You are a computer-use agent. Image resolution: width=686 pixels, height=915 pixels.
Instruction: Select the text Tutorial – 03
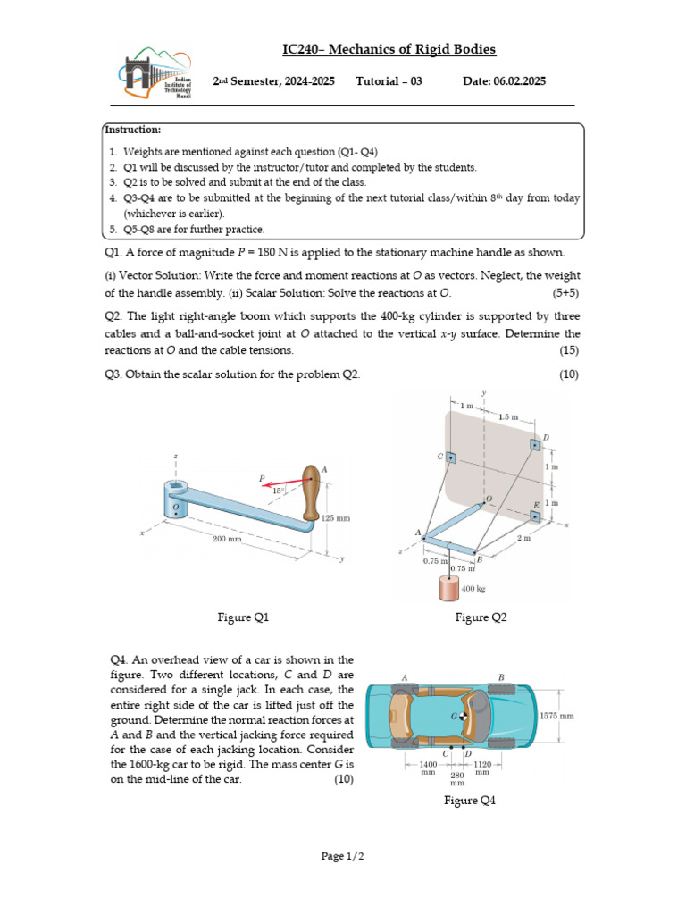(x=389, y=81)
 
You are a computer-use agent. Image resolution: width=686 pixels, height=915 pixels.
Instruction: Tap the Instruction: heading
(x=133, y=130)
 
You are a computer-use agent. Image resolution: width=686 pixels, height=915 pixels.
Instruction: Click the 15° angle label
(x=279, y=490)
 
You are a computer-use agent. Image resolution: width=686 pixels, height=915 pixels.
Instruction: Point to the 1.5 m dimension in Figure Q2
(x=507, y=416)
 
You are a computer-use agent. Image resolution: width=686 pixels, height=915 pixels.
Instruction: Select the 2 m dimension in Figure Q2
(x=524, y=539)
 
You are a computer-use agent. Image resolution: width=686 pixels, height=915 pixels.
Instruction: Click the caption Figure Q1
(x=243, y=617)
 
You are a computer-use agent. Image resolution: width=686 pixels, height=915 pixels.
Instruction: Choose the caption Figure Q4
(x=469, y=801)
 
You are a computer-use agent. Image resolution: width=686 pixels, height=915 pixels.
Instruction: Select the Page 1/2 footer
(x=343, y=856)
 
